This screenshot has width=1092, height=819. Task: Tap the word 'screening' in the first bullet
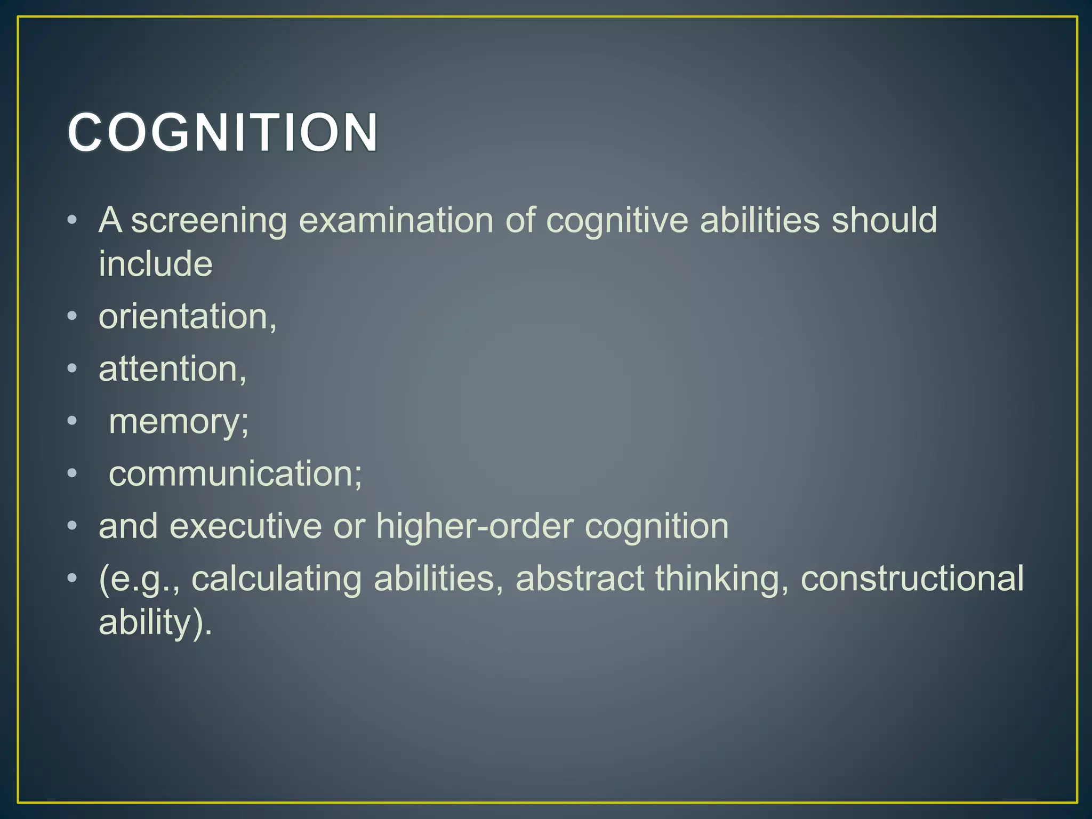coord(209,221)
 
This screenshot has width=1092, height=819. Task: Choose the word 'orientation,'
coord(188,317)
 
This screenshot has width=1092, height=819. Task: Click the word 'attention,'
coord(173,369)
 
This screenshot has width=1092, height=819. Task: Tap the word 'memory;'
coord(179,422)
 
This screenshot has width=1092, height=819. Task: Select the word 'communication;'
coord(235,473)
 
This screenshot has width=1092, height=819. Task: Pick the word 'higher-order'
coord(474,526)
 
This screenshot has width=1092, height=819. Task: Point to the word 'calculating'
coord(276,579)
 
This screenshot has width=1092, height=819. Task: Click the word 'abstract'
coord(580,579)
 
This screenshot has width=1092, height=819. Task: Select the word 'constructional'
coord(912,579)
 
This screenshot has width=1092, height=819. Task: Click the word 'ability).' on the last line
coord(156,622)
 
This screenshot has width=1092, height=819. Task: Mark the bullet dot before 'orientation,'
coord(73,317)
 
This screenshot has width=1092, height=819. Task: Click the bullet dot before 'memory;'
coord(73,422)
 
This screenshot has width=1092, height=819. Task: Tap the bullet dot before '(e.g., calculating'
coord(73,579)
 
